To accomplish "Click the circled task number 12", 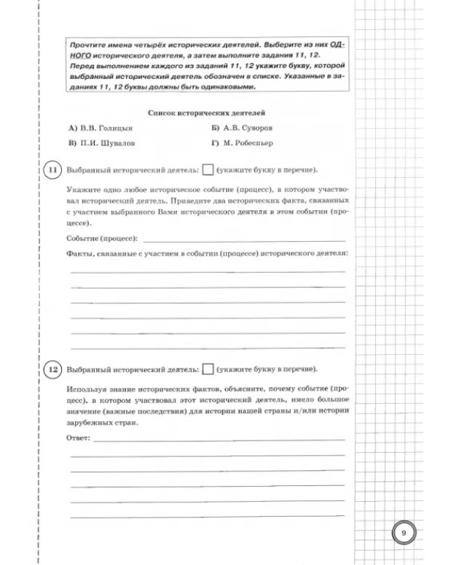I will point(53,370).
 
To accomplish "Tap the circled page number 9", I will point(403,533).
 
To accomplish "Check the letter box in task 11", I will point(209,169).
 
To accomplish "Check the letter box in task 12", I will point(209,370).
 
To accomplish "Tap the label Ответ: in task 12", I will point(78,437).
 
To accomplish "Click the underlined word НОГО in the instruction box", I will point(78,56).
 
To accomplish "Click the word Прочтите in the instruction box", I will point(82,46).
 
